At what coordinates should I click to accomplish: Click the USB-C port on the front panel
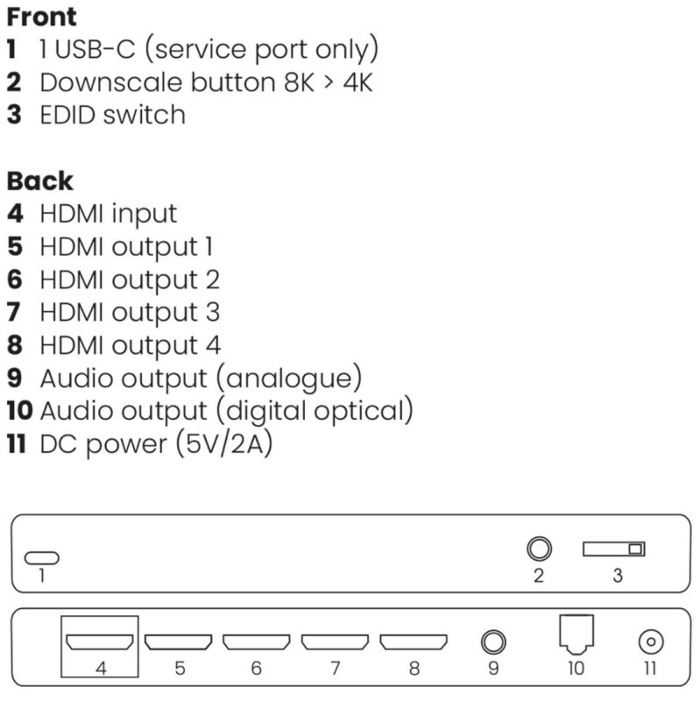coord(42,557)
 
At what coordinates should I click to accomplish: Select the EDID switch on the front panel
coord(614,549)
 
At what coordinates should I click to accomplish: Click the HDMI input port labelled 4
coord(100,641)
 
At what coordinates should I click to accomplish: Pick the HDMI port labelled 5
coord(178,641)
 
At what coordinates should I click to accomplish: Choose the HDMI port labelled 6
coord(257,641)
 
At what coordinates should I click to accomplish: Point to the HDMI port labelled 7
coord(335,641)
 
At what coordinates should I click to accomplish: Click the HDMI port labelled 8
coord(414,641)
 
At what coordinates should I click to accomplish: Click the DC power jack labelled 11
coord(649,642)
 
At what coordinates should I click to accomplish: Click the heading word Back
coord(39,181)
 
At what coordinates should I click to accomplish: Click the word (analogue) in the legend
coord(294,378)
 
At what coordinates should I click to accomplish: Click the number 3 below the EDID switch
coord(618,577)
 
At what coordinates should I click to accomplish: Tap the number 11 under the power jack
coord(649,669)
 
